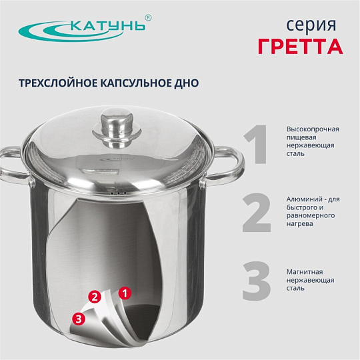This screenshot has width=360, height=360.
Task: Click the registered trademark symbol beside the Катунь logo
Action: [x=148, y=18]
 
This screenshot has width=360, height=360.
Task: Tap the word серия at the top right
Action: [x=311, y=25]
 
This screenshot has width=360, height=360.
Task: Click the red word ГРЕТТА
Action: [x=300, y=47]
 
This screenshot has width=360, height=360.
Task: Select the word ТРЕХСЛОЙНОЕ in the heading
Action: [x=57, y=83]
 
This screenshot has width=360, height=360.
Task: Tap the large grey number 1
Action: [x=256, y=145]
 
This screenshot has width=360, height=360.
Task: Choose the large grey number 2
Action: [x=257, y=213]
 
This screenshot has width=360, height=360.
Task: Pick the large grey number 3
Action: [x=257, y=281]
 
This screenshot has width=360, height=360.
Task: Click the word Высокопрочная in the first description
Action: [x=313, y=129]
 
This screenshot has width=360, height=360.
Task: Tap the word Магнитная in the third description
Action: [x=305, y=272]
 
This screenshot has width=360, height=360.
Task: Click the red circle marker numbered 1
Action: [x=125, y=293]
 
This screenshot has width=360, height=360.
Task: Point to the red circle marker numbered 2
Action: [x=95, y=297]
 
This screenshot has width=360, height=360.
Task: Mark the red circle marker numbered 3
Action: [x=79, y=319]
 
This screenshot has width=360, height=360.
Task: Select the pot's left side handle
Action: [x=14, y=165]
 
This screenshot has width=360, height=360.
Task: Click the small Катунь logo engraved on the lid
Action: [x=117, y=159]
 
